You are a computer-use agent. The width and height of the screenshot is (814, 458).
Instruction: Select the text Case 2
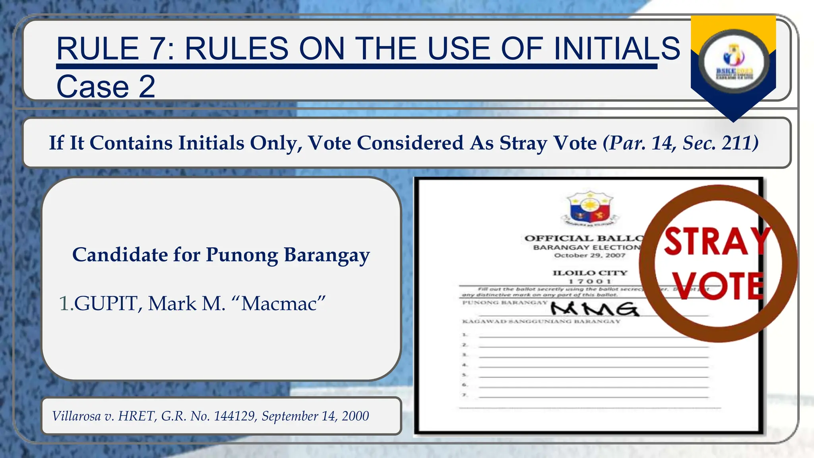coord(106,86)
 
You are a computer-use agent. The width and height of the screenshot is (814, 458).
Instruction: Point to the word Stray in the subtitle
coord(522,143)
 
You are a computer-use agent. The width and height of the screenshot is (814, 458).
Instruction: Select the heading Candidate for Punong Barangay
coord(221,255)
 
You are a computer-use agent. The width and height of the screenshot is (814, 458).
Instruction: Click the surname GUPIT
coord(106,304)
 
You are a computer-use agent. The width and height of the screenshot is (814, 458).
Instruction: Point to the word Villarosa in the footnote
coord(76,416)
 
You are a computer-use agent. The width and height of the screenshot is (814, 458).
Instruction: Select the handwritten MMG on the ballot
coord(595,309)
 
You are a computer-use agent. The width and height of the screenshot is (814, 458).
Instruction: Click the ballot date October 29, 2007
coord(590,255)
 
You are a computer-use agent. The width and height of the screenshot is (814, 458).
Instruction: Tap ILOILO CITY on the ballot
coord(590,273)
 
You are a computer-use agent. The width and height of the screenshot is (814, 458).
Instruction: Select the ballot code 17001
coord(590,281)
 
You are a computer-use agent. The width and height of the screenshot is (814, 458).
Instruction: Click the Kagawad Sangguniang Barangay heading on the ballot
coord(541,321)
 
